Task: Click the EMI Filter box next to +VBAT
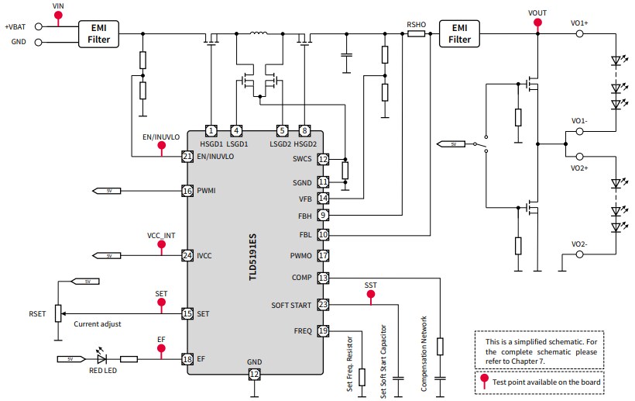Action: coord(99,34)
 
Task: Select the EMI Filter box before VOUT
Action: coord(459,34)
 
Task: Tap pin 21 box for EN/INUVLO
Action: coord(187,157)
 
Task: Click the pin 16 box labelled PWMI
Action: coord(187,191)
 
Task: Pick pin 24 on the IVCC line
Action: coord(187,255)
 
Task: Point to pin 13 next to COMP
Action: coord(323,278)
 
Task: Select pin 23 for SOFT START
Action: coord(323,306)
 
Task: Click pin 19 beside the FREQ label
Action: coord(323,331)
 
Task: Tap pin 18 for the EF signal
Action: coord(187,359)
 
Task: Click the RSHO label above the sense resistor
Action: coord(417,24)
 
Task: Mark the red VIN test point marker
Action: coord(58,14)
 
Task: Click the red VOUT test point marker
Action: coord(537,22)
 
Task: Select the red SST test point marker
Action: coord(370,295)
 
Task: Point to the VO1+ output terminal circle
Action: coord(579,34)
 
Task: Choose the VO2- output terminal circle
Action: coord(579,255)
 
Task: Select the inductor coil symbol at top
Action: coord(256,33)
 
